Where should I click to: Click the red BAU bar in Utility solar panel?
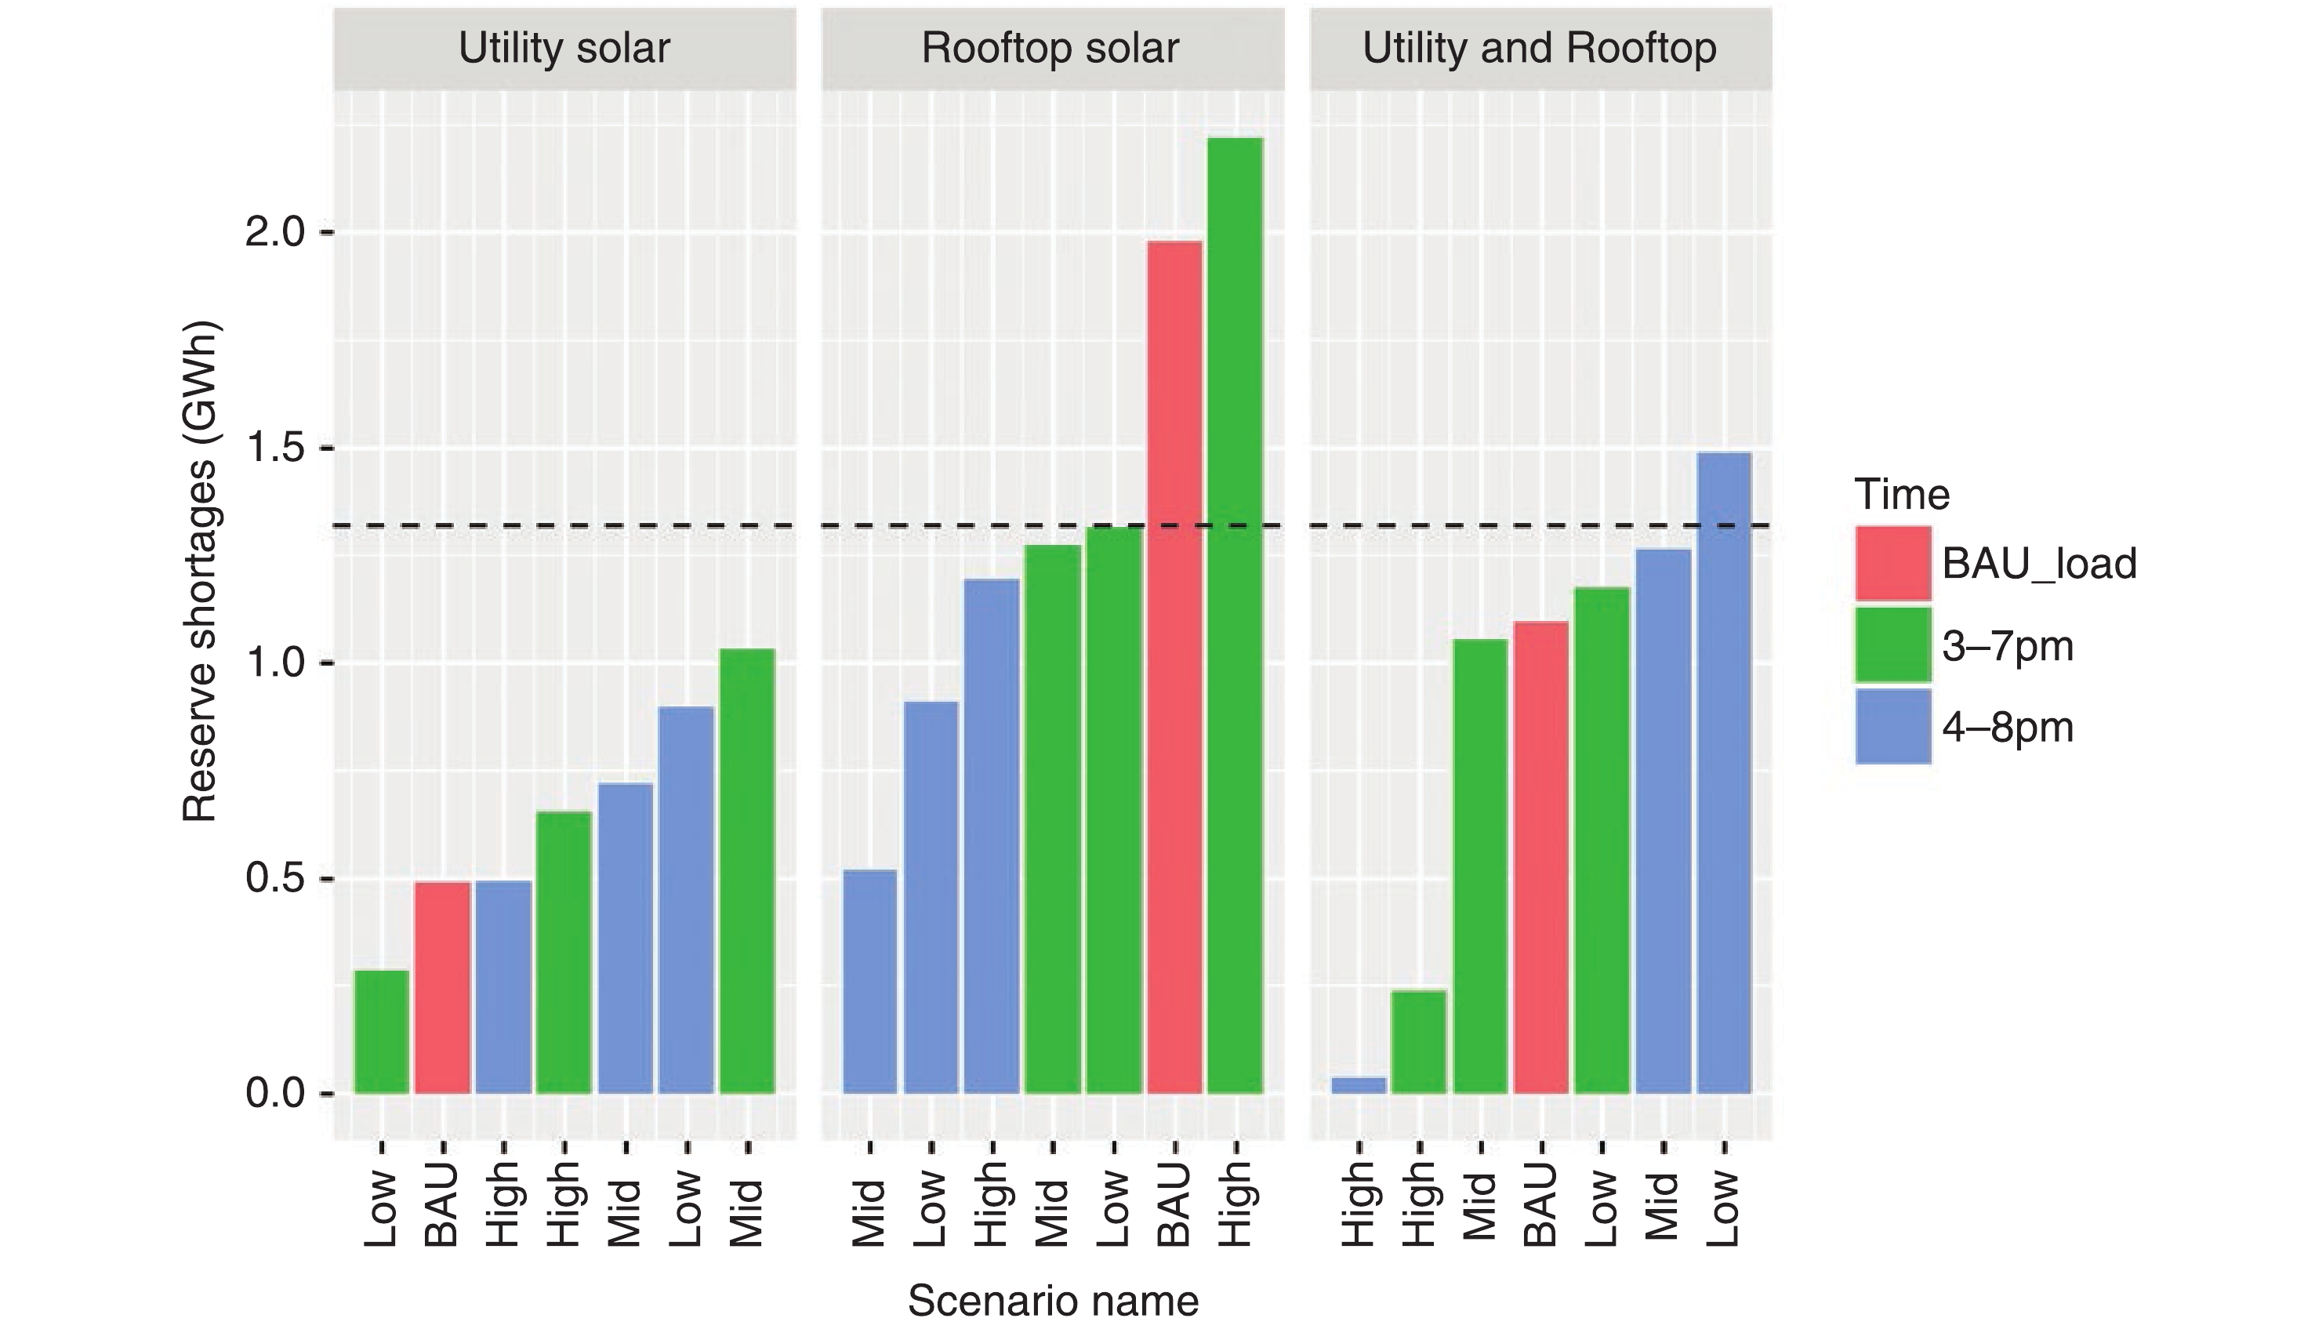[x=443, y=988]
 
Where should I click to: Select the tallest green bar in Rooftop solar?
[x=1235, y=616]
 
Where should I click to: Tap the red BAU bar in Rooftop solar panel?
[x=1174, y=667]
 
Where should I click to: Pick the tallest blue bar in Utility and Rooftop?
[x=1724, y=772]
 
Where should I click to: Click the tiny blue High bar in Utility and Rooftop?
[x=1359, y=1085]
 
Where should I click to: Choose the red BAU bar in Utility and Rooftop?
[x=1541, y=857]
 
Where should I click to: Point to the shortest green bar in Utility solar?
[x=382, y=1031]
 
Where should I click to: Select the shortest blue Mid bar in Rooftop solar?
[x=869, y=981]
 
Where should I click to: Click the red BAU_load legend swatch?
[x=1892, y=563]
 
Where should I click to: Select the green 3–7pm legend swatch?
[x=1892, y=645]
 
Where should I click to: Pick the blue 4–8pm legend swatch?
[x=1892, y=727]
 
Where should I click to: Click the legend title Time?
[x=1902, y=495]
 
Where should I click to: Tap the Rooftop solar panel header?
[x=1051, y=49]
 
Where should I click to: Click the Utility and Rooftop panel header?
[x=1540, y=49]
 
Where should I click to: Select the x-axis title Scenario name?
[x=1053, y=1300]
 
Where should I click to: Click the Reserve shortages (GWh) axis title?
[x=200, y=572]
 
